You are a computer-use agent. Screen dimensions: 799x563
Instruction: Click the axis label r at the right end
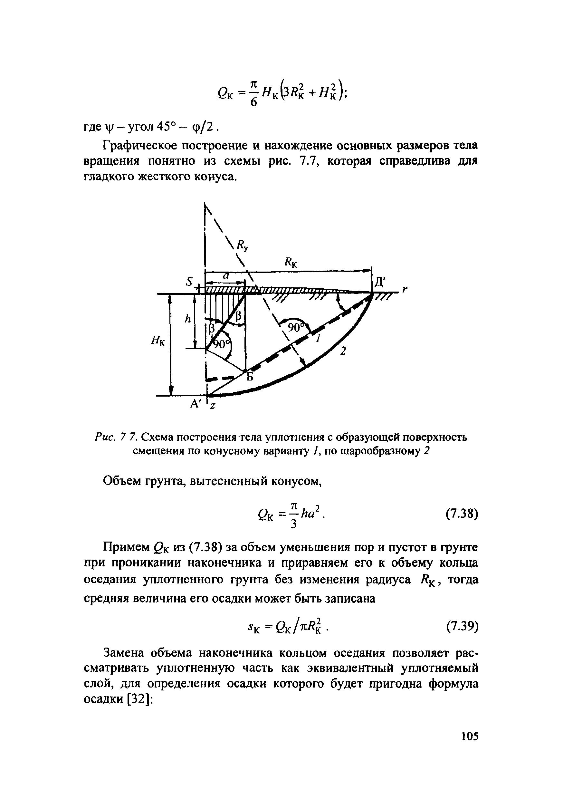tap(405, 290)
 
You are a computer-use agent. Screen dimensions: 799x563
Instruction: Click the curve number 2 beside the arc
tap(343, 351)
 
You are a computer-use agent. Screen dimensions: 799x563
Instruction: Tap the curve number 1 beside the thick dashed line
tap(317, 339)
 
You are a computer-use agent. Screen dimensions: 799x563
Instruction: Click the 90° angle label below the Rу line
tap(295, 327)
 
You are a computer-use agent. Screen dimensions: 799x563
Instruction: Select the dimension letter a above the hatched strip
tap(225, 276)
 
